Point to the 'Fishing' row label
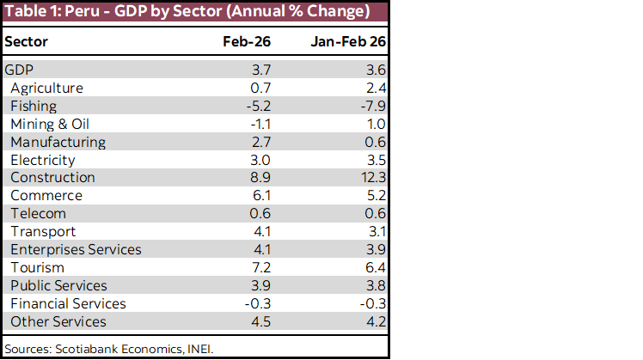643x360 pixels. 34,106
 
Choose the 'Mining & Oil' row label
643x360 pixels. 50,124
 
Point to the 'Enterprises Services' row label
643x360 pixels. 76,250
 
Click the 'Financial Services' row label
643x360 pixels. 68,304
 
